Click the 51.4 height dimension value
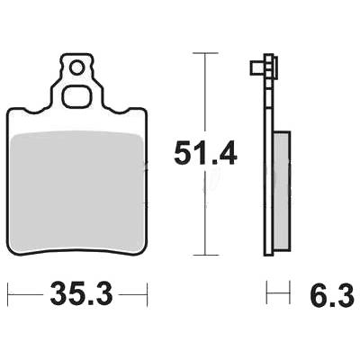205,153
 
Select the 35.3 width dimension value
81,293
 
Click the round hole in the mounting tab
76,67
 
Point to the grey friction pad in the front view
76,192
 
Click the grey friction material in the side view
282,191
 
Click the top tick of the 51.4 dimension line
205,53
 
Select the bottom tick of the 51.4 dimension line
205,255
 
